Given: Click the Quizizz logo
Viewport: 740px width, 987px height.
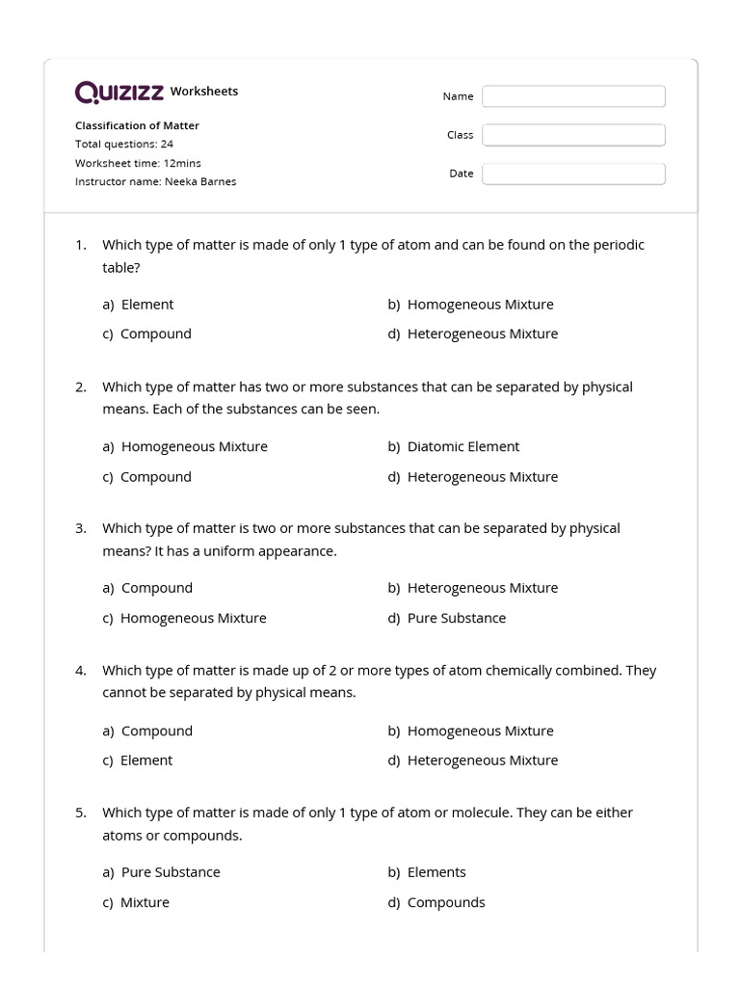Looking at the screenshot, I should tap(119, 92).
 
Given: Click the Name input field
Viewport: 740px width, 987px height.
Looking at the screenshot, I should tap(573, 96).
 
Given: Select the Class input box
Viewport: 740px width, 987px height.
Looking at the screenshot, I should tap(573, 135).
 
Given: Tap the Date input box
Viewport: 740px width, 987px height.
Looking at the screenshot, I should tap(573, 173).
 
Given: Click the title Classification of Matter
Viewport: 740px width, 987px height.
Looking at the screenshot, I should tap(137, 125).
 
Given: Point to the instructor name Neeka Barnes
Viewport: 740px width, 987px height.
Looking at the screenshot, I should tap(155, 181).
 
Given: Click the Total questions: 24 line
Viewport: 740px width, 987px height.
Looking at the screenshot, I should tap(124, 144).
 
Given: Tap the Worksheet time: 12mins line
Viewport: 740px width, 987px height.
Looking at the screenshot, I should tap(138, 163).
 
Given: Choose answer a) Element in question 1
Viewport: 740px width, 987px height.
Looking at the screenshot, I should tap(138, 305).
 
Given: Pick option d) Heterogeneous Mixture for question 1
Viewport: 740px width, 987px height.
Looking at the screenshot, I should tap(472, 334).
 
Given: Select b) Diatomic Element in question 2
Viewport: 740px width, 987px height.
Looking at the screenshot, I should tap(453, 447).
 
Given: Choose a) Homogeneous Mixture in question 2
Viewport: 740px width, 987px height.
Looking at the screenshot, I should tap(185, 447).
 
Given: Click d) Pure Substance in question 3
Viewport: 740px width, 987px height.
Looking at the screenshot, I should tap(446, 619).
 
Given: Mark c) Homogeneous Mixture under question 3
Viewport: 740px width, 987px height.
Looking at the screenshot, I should tap(184, 619).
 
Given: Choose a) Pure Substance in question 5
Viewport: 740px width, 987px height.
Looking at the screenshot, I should tap(161, 872).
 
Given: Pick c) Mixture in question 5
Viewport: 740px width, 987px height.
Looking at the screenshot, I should tap(136, 903).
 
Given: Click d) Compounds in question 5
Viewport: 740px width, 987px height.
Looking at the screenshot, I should tap(436, 903).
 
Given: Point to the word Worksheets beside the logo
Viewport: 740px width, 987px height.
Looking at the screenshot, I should tap(204, 92).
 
